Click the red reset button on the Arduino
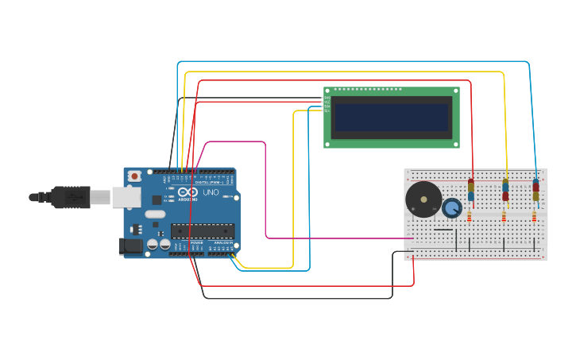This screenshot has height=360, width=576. [x=135, y=176]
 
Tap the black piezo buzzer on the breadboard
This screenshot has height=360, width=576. [x=423, y=199]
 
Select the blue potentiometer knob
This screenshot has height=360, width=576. [x=452, y=208]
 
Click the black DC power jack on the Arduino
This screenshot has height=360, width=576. [x=130, y=246]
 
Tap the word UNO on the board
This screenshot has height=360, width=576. [x=211, y=192]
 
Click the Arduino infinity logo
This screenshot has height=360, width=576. [x=188, y=192]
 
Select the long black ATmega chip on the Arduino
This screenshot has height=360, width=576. [x=203, y=230]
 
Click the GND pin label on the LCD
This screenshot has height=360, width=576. [x=327, y=99]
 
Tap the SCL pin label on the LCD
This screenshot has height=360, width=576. [x=327, y=110]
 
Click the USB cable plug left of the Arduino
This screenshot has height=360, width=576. [x=72, y=197]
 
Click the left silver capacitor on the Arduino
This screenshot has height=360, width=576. [x=152, y=245]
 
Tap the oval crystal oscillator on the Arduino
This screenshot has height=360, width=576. [x=155, y=214]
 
